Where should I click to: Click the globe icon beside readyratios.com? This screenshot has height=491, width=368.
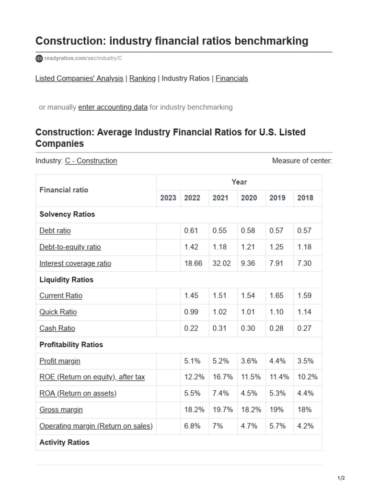point(39,58)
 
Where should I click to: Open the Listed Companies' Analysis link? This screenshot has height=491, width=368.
point(79,78)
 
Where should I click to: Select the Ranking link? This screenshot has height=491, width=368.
point(142,78)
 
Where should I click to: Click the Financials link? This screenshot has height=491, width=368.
point(231,78)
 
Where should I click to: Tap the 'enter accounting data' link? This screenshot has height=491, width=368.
point(113,107)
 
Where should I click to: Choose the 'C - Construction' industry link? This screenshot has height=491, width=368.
point(91,161)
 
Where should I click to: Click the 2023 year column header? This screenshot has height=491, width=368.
point(168,198)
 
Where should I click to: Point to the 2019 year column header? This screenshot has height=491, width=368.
point(277,198)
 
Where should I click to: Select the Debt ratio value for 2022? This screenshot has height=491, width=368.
point(191,231)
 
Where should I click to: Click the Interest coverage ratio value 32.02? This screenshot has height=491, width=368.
point(221,263)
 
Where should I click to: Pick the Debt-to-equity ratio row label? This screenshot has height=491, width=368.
point(70,247)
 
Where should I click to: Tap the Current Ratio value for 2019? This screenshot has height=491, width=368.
point(276,296)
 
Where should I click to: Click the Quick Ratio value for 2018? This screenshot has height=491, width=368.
point(304,312)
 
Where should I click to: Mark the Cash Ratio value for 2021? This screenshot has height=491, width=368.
point(220,328)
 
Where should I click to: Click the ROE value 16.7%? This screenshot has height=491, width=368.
point(222,377)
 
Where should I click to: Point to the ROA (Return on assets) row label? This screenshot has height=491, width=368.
point(78,394)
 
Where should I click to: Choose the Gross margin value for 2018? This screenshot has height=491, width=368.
point(304,410)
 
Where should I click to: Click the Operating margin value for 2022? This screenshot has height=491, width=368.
point(193,426)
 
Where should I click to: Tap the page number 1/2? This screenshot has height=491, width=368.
point(341,478)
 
